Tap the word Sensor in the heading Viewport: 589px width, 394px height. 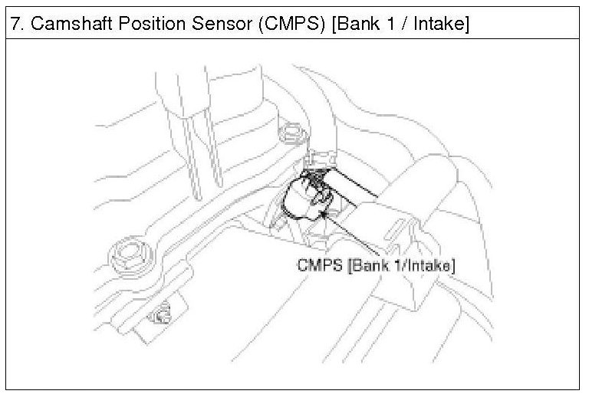coord(232,24)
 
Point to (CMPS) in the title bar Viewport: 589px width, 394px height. coord(301,24)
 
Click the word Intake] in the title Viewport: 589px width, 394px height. coord(440,24)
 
